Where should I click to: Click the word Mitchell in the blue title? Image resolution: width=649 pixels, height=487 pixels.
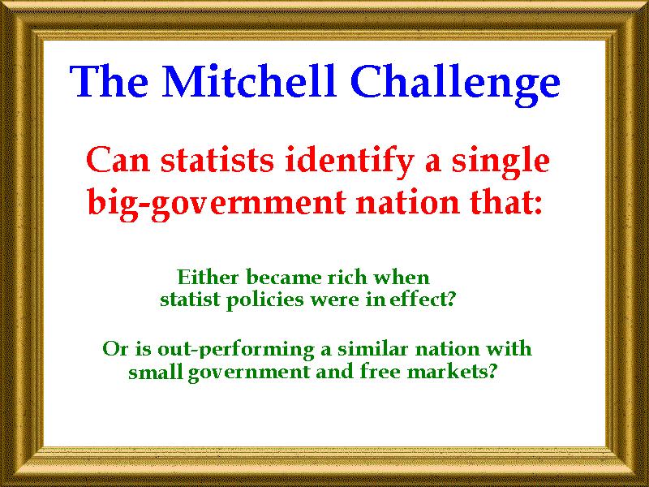point(249,81)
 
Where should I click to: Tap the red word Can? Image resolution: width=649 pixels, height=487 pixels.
point(118,160)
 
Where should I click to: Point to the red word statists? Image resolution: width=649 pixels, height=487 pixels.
point(217,160)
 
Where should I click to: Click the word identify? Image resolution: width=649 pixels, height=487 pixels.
point(350,162)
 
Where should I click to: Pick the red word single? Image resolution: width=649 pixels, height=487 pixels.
point(501,162)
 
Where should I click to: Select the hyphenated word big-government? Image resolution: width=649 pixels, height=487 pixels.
point(217,204)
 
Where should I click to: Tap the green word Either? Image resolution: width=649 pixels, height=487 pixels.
point(204,277)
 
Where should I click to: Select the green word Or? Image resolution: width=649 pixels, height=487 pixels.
point(115,349)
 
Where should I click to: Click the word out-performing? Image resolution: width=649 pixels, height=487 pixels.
point(235,351)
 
